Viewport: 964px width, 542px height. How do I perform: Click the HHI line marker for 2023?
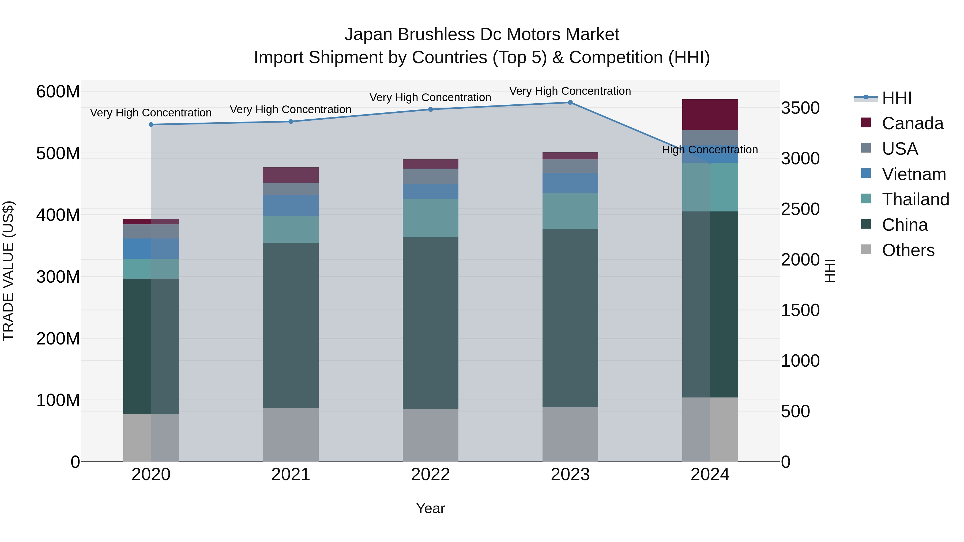coord(570,103)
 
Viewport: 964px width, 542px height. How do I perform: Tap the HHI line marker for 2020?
coord(151,124)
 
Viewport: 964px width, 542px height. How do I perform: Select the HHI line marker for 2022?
coord(430,109)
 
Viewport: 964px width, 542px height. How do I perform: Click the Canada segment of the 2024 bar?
coord(710,115)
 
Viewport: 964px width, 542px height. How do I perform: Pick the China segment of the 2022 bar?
coord(430,323)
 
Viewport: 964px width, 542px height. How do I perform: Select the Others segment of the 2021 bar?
coord(291,435)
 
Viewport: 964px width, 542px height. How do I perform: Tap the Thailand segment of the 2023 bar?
coord(570,211)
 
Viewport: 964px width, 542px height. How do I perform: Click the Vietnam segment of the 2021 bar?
coord(291,205)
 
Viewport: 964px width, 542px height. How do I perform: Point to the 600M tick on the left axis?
coord(58,92)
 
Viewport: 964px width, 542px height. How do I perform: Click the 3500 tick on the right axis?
coord(800,108)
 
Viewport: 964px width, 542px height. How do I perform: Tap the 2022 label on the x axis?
coord(430,475)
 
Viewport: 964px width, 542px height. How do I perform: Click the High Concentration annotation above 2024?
coord(710,150)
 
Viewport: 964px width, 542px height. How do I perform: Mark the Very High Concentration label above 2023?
coord(570,91)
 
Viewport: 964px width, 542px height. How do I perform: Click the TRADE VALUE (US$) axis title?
coord(9,271)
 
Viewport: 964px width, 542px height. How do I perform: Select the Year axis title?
coord(430,508)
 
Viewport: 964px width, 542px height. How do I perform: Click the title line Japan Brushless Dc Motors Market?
coord(482,35)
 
